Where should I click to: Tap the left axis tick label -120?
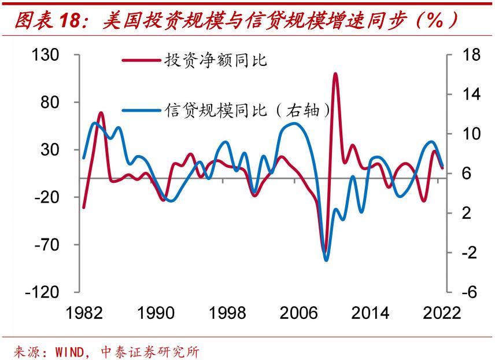pyautogui.click(x=44, y=292)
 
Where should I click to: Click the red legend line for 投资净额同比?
pyautogui.click(x=142, y=60)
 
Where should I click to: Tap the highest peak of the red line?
pyautogui.click(x=335, y=74)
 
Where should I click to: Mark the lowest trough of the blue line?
pyautogui.click(x=326, y=260)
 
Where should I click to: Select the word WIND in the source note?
pyautogui.click(x=72, y=351)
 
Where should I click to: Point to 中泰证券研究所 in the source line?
pyautogui.click(x=154, y=351)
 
